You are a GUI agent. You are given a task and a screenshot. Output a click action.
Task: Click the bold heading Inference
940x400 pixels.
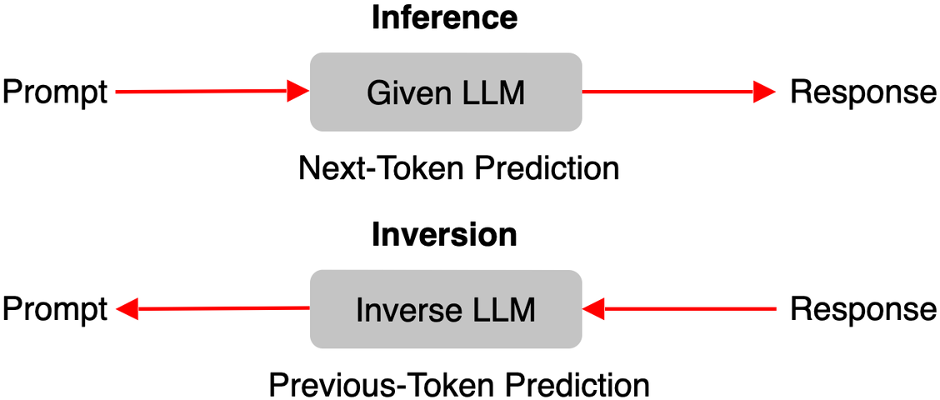[x=444, y=18]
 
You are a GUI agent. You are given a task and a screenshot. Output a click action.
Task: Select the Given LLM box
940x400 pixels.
[x=446, y=92]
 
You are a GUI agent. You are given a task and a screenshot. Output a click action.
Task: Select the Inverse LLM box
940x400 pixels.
[x=446, y=309]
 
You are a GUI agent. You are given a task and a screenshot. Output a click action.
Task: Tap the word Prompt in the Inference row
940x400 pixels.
[x=55, y=93]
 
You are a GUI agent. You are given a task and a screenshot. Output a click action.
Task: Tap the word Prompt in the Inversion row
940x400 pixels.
[x=55, y=311]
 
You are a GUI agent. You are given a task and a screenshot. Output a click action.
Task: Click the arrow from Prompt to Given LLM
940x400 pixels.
[x=212, y=92]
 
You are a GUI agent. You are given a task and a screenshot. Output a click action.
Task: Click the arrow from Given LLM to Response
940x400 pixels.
[x=678, y=92]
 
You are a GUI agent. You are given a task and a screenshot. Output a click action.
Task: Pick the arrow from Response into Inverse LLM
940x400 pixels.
[x=678, y=309]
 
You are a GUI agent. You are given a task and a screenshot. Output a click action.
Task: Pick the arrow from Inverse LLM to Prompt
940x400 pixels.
[x=212, y=309]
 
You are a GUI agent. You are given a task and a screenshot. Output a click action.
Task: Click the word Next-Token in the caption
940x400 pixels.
[x=377, y=170]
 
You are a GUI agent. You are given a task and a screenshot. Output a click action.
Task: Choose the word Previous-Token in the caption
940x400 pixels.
[x=361, y=384]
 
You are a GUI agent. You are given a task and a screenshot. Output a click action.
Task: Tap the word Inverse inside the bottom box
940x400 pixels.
[x=397, y=310]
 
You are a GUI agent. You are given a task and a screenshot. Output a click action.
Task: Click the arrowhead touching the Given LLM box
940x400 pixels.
[x=297, y=92]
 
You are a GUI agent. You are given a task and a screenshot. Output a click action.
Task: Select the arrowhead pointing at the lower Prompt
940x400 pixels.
[x=127, y=309]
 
